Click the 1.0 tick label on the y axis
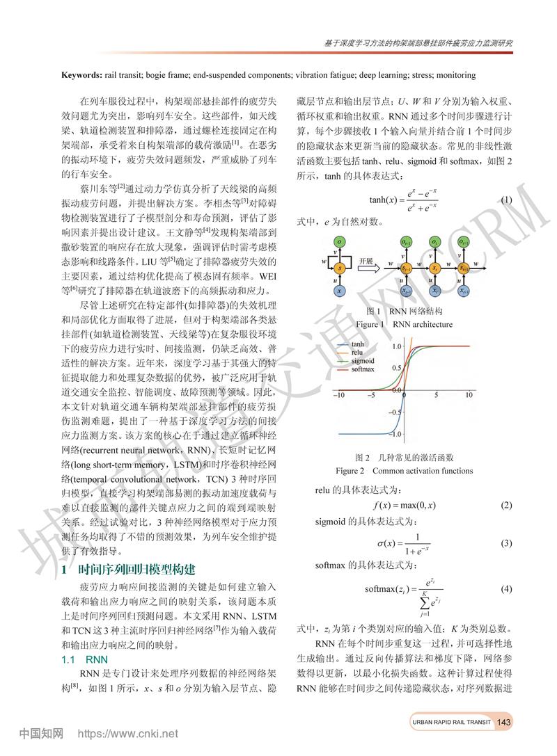click(x=395, y=346)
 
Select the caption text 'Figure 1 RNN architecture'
click(x=404, y=324)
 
